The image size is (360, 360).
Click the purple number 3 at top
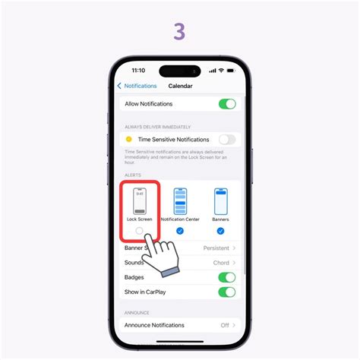coord(179,31)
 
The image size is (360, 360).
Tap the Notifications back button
coord(137,86)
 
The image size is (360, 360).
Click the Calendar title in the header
coord(181,86)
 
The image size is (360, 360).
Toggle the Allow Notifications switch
coord(226,104)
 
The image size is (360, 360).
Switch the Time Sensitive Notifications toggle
coord(226,140)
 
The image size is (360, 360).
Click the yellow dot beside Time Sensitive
coord(128,140)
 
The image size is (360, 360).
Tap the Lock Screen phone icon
coord(139,201)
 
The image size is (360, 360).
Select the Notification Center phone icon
coord(179,201)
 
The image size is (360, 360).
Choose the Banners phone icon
coord(220,201)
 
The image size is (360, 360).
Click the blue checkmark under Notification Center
coord(179,230)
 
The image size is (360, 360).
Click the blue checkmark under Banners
coord(220,230)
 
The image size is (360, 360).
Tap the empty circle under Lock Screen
coord(139,230)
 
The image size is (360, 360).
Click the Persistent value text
coord(216,248)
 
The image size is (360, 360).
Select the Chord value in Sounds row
coord(221,263)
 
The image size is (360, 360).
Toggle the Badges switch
coord(226,277)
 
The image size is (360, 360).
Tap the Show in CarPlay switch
coord(226,292)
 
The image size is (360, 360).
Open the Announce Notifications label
coord(154,325)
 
